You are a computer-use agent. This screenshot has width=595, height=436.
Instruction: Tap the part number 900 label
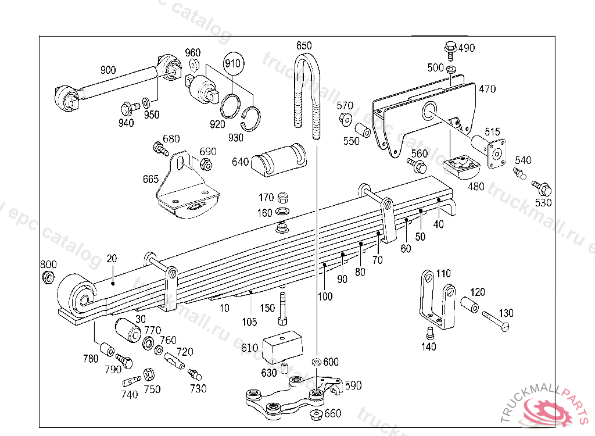pos(108,70)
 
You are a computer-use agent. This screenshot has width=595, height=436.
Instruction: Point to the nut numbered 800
pos(49,277)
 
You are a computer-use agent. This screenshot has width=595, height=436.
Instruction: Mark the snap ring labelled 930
pos(250,119)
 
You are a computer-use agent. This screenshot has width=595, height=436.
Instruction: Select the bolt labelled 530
pos(542,188)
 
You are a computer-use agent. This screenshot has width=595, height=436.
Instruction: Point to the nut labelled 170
pos(284,197)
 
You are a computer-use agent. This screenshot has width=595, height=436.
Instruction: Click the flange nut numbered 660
pos(317,414)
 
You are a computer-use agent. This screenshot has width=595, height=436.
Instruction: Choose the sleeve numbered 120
pos(471,305)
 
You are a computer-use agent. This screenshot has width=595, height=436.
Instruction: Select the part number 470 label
pos(488,89)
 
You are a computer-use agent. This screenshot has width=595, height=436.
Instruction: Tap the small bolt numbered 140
pos(430,333)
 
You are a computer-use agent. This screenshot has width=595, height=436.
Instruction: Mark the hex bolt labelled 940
pos(128,108)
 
